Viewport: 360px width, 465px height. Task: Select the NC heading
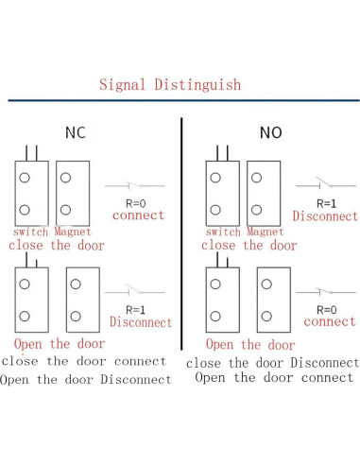point(76,132)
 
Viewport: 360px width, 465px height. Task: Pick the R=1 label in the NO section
point(326,202)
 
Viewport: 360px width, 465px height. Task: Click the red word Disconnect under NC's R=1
point(141,321)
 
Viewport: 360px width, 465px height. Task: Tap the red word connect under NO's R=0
point(330,322)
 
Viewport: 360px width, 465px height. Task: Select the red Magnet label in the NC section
point(73,232)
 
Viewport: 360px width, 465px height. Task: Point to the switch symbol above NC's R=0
point(132,185)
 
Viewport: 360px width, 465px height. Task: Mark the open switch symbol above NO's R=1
point(326,184)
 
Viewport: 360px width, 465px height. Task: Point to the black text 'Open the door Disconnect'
point(86,380)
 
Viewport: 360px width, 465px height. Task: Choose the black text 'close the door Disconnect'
point(272,363)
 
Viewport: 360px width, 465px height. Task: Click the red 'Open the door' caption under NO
point(250,345)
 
